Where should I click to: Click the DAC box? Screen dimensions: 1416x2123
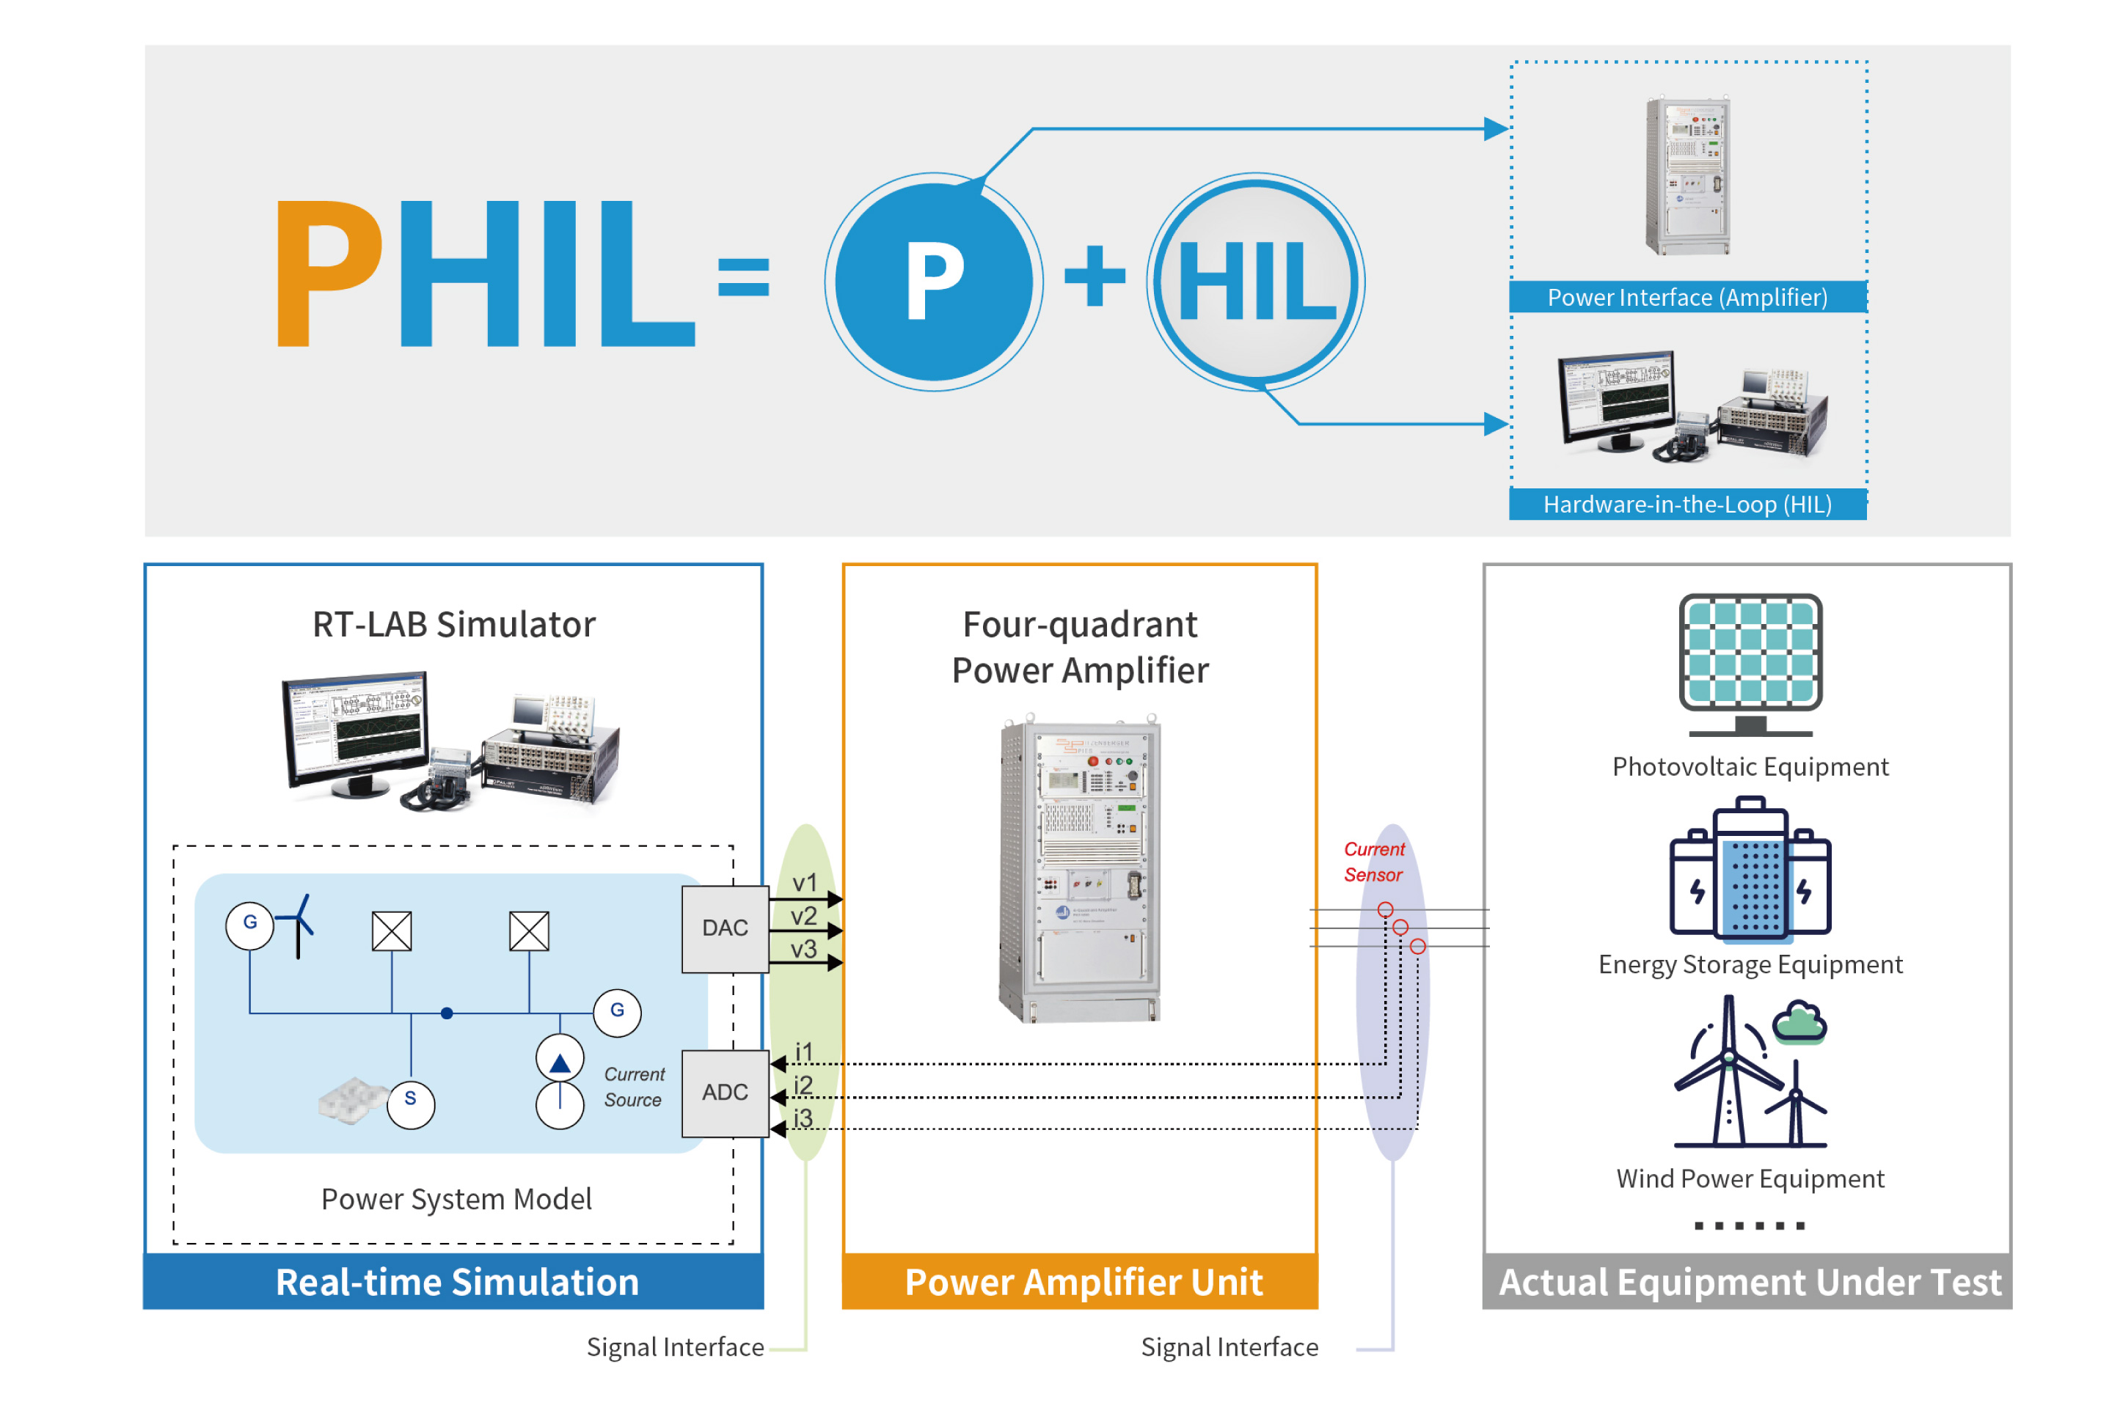(725, 928)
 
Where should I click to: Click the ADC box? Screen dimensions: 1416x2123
(725, 1093)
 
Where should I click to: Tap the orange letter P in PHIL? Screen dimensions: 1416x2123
(329, 273)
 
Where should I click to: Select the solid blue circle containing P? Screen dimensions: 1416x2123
(934, 282)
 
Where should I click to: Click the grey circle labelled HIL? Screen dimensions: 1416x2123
(1256, 282)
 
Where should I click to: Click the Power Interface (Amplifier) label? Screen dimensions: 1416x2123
(1687, 297)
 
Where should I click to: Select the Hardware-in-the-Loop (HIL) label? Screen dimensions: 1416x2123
(1687, 504)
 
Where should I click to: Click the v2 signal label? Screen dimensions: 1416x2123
(803, 916)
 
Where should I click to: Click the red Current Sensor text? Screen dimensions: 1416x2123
(1373, 862)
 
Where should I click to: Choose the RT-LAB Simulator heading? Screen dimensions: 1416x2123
(453, 624)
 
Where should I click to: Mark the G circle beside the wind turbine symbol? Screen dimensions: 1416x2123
(250, 925)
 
